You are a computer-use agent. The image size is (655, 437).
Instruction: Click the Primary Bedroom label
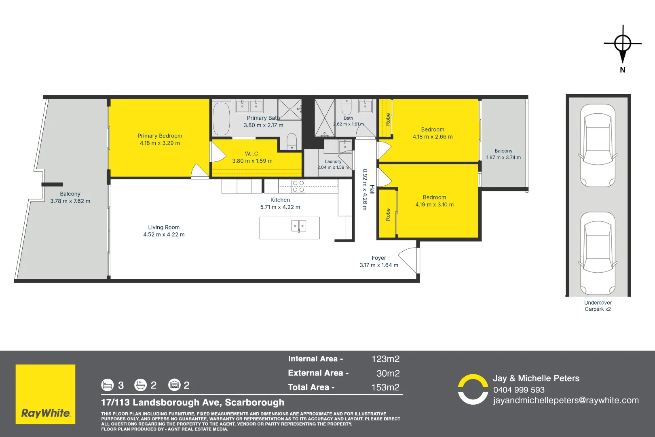coord(160,136)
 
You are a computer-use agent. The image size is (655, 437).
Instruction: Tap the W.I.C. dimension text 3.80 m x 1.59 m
coord(252,161)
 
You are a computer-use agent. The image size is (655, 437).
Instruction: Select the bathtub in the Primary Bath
coord(222,119)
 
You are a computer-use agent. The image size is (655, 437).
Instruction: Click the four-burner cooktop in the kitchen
coord(298,187)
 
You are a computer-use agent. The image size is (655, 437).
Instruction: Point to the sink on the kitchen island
coord(298,226)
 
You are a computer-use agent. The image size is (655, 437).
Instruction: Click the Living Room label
coord(164,227)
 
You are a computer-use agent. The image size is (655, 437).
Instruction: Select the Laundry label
coord(333,161)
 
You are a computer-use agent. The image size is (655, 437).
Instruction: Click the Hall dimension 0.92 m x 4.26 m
coord(365,189)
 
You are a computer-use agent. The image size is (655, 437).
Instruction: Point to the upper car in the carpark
coord(598,146)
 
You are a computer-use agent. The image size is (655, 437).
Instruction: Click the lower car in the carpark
coord(598,253)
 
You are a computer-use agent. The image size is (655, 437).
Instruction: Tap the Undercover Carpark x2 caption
coord(598,306)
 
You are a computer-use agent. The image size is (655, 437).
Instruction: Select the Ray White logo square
coord(45,394)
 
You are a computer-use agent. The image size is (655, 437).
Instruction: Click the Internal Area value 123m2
coord(385,359)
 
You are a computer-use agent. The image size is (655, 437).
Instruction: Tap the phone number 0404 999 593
coord(519,390)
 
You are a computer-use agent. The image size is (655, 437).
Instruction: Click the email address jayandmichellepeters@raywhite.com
coord(566,401)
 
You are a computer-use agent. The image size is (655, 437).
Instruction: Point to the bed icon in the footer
coord(107,385)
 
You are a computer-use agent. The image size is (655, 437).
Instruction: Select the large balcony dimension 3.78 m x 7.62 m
coord(70,201)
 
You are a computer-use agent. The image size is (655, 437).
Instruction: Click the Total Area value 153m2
coord(385,387)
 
